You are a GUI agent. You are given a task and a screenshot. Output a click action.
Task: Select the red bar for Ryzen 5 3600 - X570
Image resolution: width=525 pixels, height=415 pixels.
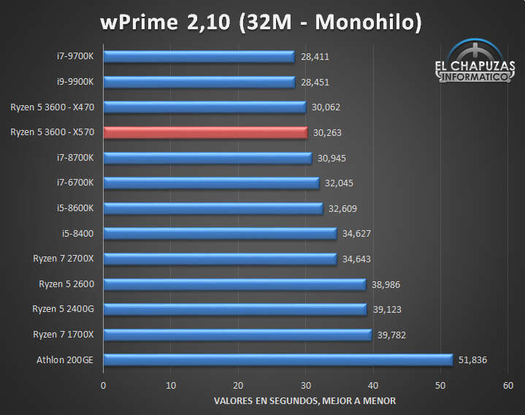point(205,132)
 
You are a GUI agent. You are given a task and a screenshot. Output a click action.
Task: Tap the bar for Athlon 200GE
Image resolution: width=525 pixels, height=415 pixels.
point(277,359)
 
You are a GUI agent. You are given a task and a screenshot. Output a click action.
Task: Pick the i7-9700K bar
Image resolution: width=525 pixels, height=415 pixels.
point(199,56)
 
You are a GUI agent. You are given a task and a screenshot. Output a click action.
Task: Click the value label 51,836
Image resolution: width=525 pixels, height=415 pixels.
point(472,359)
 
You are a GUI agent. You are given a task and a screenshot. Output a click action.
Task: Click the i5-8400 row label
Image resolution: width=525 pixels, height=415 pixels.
point(83,233)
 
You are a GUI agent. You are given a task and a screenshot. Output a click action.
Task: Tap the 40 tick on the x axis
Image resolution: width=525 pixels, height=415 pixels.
point(373,385)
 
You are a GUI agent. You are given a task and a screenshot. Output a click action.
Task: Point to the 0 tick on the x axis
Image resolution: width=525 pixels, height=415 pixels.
point(104,385)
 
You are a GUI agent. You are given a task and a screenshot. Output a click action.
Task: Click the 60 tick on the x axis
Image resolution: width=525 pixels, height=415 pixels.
point(508,385)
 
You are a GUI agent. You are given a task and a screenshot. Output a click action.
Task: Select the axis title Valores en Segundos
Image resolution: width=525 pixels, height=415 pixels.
point(305,401)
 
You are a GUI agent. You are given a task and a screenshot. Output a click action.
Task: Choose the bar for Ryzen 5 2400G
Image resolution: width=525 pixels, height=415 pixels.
point(234,309)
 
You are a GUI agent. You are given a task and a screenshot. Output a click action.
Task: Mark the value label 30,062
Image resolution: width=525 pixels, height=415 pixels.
point(325,107)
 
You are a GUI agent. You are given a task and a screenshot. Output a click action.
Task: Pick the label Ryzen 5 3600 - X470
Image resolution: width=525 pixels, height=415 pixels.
point(57,107)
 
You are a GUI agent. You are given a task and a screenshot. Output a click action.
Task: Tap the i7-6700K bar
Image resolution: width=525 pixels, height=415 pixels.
point(211,183)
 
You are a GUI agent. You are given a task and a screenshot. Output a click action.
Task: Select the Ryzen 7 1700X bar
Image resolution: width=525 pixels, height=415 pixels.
point(237,335)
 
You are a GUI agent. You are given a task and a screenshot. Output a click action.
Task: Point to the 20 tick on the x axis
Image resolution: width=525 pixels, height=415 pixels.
point(238,385)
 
